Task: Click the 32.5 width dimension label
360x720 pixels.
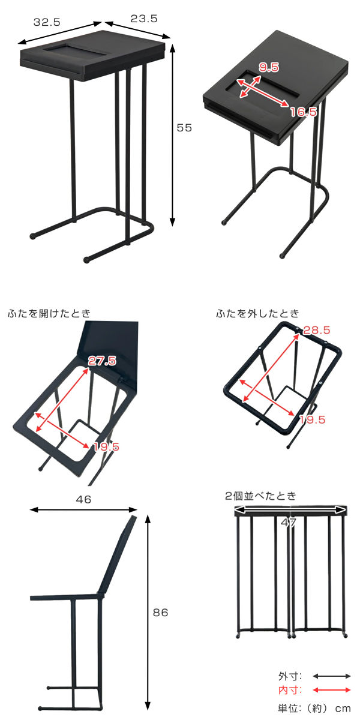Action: (x=47, y=22)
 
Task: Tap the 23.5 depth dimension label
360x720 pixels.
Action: (x=144, y=19)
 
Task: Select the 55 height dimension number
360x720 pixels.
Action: (x=184, y=128)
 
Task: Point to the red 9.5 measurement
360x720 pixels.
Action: (x=269, y=67)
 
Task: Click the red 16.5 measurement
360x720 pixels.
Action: (x=304, y=112)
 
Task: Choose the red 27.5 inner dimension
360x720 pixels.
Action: (x=102, y=361)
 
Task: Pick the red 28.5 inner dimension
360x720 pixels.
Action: (x=317, y=330)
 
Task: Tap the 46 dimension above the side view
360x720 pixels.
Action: (x=83, y=499)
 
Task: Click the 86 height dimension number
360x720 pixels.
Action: (x=160, y=613)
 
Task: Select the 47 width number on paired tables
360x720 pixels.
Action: (x=289, y=523)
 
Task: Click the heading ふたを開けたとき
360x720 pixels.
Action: (x=49, y=313)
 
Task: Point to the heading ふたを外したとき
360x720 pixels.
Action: (x=257, y=313)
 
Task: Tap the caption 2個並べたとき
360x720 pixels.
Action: (x=260, y=496)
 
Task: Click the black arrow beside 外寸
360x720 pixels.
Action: (x=331, y=676)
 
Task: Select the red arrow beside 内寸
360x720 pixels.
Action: (x=331, y=690)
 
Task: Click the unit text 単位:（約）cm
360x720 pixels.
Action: (x=314, y=708)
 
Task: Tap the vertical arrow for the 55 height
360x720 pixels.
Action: (x=173, y=136)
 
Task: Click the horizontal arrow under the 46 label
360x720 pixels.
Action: (x=83, y=509)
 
